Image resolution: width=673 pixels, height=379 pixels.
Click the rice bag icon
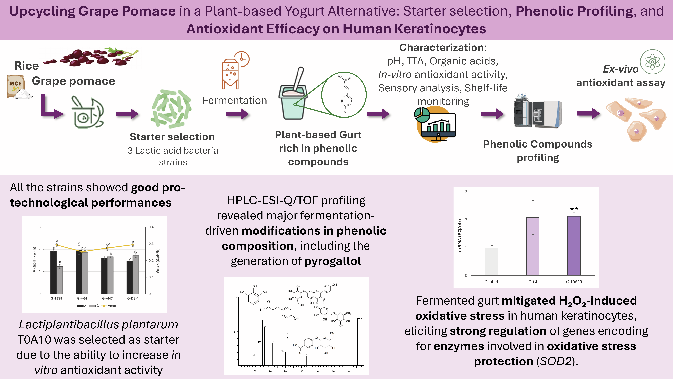point(16,86)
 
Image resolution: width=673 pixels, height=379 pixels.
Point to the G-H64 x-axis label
point(82,298)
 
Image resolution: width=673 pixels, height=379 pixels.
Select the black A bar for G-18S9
point(54,272)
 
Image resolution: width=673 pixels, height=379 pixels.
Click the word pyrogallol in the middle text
point(333,261)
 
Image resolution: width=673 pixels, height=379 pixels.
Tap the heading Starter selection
point(172,137)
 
